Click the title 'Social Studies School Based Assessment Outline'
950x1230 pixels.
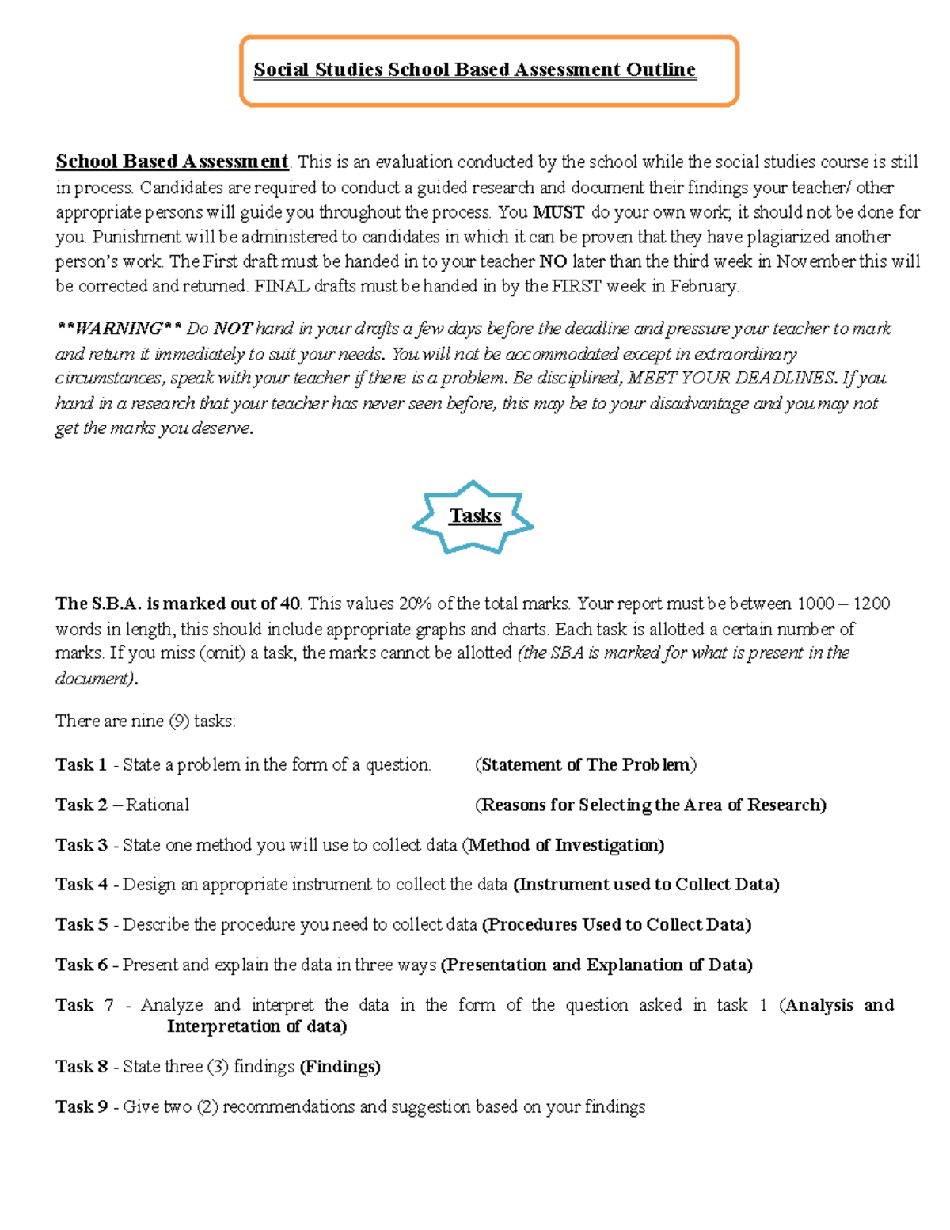coord(474,70)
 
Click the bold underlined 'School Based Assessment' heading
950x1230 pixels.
coord(172,162)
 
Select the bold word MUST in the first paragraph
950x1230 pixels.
coord(558,212)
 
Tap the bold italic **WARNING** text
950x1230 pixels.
coord(119,329)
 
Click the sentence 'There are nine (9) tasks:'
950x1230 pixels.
coord(146,721)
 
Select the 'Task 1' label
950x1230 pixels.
coord(81,764)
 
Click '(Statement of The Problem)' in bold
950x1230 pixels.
coord(586,764)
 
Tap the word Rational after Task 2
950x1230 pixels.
coord(158,805)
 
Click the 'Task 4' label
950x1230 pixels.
coord(81,884)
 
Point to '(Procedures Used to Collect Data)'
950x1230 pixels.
coord(617,924)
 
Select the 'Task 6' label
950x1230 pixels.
coord(81,965)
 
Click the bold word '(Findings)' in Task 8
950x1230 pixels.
coord(340,1067)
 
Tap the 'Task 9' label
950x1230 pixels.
coord(81,1106)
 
